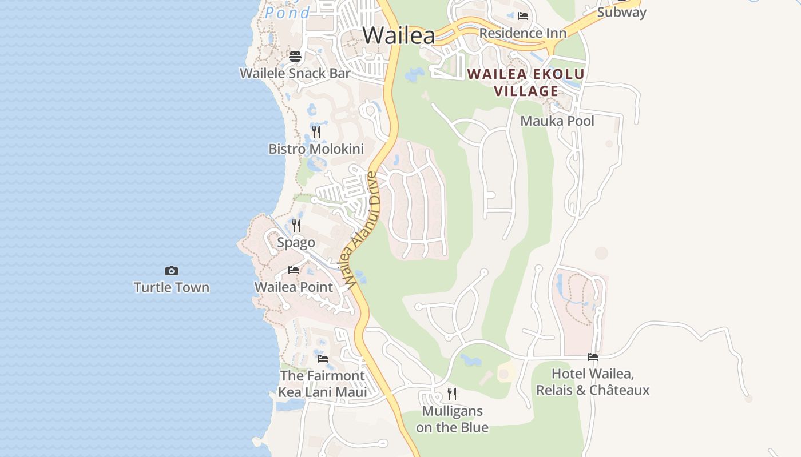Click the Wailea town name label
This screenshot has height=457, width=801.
(x=399, y=35)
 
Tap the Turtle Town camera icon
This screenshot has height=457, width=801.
(x=172, y=271)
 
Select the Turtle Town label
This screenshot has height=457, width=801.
(x=172, y=287)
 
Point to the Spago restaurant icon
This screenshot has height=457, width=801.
(x=296, y=226)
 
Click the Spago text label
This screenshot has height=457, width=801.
(x=296, y=243)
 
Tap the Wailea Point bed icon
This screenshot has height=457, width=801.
(x=294, y=270)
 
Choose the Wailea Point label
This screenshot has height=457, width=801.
(x=294, y=287)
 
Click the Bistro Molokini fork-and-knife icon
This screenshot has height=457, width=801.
(x=316, y=133)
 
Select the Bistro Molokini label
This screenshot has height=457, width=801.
(x=316, y=149)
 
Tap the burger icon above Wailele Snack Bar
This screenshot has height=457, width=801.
(x=295, y=57)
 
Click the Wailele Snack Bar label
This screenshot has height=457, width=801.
(x=295, y=73)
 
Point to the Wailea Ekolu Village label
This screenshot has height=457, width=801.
(x=526, y=82)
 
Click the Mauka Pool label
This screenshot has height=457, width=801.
(x=557, y=121)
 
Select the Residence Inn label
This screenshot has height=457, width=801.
(x=523, y=33)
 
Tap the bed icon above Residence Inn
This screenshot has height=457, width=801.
(x=522, y=16)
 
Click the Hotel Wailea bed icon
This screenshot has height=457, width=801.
(x=593, y=357)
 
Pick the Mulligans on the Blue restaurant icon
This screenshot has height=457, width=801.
(x=452, y=394)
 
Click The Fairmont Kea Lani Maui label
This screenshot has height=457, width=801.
(x=323, y=384)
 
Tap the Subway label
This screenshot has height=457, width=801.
(x=621, y=12)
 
